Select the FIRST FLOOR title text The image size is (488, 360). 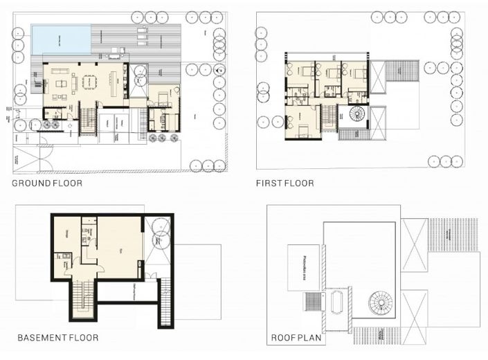(x=284, y=183)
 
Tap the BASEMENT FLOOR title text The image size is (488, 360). (x=57, y=339)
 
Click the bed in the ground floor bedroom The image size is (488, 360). (x=166, y=98)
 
